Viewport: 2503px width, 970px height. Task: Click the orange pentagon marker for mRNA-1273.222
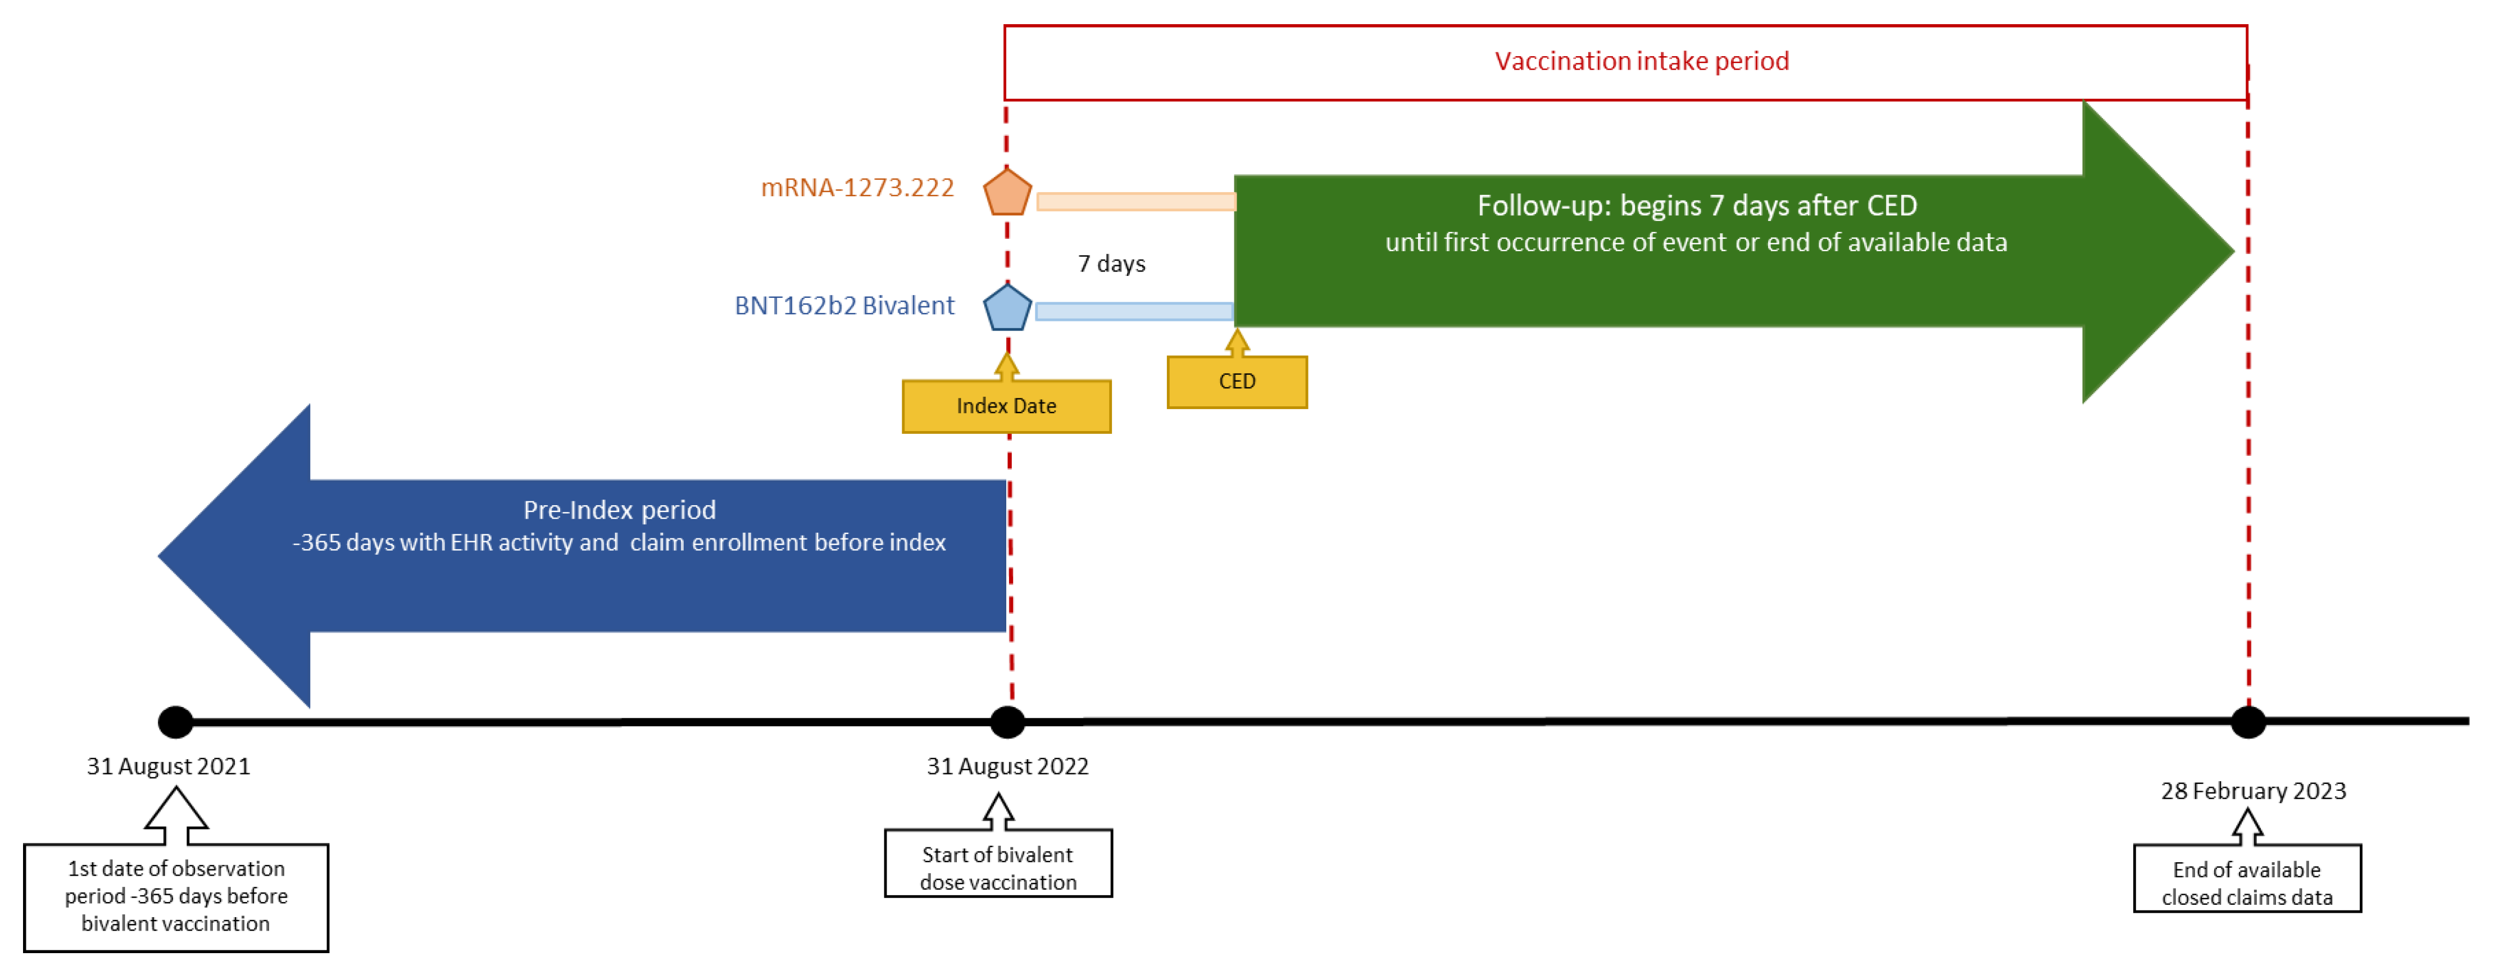click(x=1007, y=192)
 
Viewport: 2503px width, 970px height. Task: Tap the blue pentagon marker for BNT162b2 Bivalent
click(x=1007, y=308)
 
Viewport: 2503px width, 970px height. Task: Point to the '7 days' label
click(x=1111, y=264)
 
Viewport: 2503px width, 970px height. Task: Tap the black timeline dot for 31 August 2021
click(x=176, y=722)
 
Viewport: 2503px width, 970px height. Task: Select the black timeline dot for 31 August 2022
click(x=1007, y=722)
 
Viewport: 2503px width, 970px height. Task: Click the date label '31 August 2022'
click(x=1007, y=766)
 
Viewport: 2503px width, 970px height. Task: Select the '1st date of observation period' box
click(x=176, y=896)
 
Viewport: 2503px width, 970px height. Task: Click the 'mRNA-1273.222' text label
click(x=857, y=188)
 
